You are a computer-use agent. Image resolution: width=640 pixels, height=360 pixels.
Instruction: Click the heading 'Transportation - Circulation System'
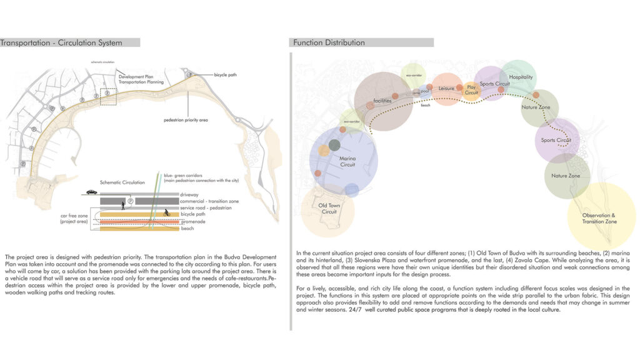[61, 42]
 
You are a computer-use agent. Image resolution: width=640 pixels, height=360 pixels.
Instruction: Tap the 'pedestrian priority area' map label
[186, 119]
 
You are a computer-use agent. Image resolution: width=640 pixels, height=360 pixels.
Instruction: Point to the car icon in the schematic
[92, 192]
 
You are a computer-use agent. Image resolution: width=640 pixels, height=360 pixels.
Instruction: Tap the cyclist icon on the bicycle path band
[166, 212]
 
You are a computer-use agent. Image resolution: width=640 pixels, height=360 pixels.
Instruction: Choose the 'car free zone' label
[73, 218]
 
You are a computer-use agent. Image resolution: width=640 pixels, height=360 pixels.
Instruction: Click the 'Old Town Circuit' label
[329, 208]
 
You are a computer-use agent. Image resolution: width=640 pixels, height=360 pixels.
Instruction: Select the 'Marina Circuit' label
[347, 161]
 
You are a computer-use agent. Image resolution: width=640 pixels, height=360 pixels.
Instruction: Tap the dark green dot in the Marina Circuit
[334, 145]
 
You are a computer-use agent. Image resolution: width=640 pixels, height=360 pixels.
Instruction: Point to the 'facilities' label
[382, 101]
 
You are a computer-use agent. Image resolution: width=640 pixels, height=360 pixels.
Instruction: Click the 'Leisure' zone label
[446, 89]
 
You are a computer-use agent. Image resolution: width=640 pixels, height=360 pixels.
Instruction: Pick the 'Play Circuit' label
[471, 90]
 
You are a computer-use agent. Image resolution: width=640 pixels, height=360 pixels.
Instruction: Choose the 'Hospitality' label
[521, 77]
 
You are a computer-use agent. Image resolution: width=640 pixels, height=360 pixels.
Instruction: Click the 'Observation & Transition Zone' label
[600, 218]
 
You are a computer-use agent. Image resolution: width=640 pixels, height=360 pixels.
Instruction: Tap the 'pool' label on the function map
[425, 91]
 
